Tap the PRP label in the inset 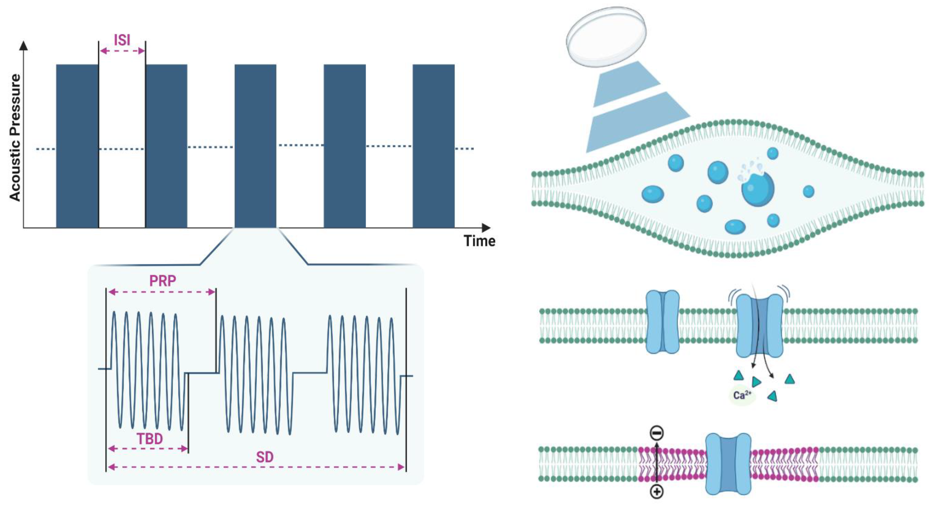click(x=162, y=281)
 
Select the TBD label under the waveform click(x=149, y=439)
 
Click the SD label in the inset click(x=264, y=457)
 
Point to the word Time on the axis click(x=479, y=241)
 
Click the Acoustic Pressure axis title click(x=15, y=138)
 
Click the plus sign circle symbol click(x=657, y=492)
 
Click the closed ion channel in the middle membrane click(x=663, y=322)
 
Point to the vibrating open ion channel click(x=760, y=326)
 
